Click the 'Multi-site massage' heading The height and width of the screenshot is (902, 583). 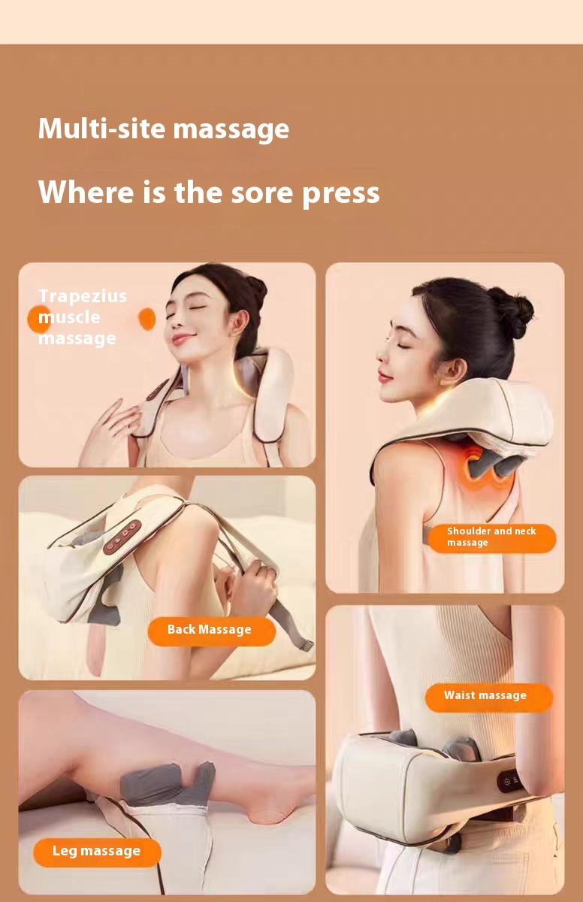click(x=163, y=129)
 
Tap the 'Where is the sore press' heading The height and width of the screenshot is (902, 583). click(x=209, y=192)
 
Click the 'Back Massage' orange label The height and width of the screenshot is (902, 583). click(x=212, y=631)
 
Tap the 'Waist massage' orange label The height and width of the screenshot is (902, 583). click(x=489, y=697)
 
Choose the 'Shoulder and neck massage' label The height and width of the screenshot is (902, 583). click(x=491, y=538)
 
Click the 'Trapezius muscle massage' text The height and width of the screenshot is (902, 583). click(x=83, y=317)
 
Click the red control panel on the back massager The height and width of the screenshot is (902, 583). click(x=122, y=537)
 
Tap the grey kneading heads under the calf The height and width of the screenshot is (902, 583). click(x=168, y=783)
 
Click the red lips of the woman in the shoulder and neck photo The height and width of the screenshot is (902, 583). click(x=384, y=377)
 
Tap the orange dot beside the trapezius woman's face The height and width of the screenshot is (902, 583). click(x=147, y=319)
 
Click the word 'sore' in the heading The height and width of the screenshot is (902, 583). click(x=262, y=193)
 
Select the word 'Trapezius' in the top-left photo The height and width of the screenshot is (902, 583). click(x=83, y=297)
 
